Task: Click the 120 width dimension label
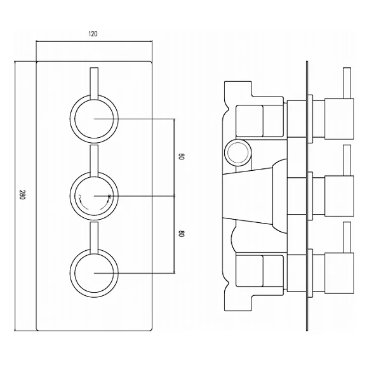click(93, 34)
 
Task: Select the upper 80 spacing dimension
click(181, 157)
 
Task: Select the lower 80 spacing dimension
click(181, 234)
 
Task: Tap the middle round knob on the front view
click(93, 196)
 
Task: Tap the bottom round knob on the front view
click(93, 274)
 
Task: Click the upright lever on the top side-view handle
click(346, 82)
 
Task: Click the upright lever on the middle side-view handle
click(346, 159)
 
